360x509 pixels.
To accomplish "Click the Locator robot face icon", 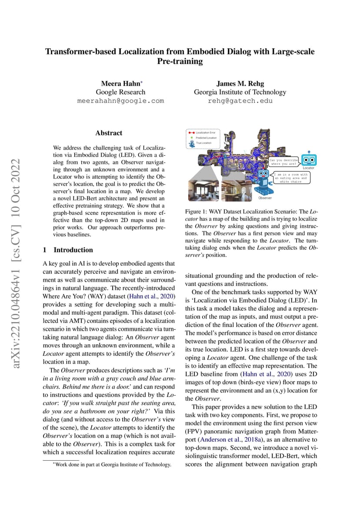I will pyautogui.click(x=309, y=160).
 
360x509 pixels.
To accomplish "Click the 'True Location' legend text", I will pyautogui.click(x=203, y=143).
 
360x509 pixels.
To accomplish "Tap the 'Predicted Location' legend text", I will pyautogui.click(x=207, y=137).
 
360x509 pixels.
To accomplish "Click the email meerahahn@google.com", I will pyautogui.click(x=120, y=100).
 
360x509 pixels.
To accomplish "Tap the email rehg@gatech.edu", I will pyautogui.click(x=240, y=100).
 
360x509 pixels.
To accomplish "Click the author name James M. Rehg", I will pyautogui.click(x=240, y=83).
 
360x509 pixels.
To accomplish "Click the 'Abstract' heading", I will pyautogui.click(x=109, y=133).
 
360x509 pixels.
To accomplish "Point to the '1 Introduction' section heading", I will pyautogui.click(x=68, y=250).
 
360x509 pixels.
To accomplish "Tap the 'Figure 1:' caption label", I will pyautogui.click(x=197, y=212).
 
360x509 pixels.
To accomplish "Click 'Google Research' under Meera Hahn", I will pyautogui.click(x=120, y=92).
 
